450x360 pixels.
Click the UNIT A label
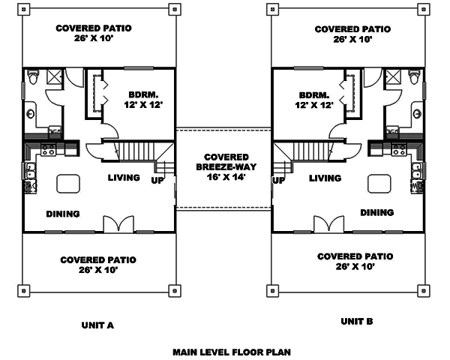coord(97,325)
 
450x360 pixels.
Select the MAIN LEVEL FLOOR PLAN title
coord(231,351)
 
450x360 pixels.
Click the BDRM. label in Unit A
coord(142,94)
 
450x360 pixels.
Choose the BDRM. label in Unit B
coord(313,95)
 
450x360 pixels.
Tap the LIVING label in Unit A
coord(124,178)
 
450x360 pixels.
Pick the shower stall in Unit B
coord(391,77)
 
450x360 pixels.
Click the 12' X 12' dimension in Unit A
coord(142,106)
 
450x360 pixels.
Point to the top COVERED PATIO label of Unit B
coord(352,29)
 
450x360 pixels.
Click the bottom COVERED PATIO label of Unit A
coord(98,259)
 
